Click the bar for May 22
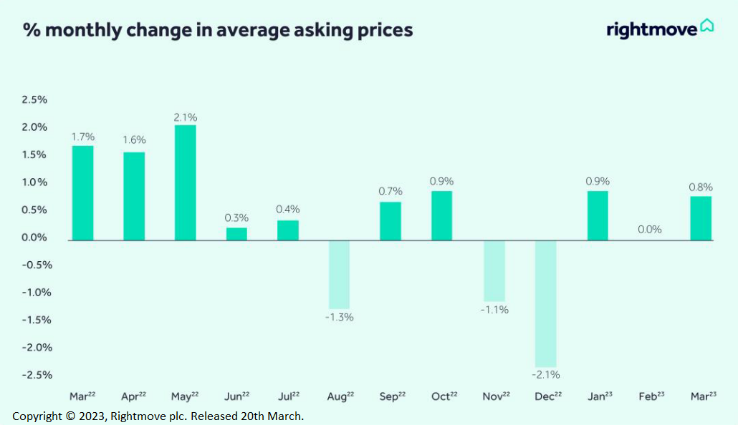pos(185,183)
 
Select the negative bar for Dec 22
pos(546,303)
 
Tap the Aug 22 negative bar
pos(340,275)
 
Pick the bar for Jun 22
pos(236,234)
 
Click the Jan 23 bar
pos(598,216)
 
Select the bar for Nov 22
pos(494,270)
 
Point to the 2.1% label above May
pos(186,117)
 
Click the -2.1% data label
pos(546,375)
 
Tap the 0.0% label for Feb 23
pos(650,230)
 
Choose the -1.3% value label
pos(340,318)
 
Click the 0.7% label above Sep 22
pos(390,191)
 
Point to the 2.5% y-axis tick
pos(34,99)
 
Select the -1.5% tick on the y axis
pos(37,320)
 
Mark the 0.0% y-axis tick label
pos(34,238)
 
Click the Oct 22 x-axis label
pos(444,396)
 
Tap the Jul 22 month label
pos(289,396)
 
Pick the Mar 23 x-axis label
pos(703,396)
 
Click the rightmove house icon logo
pos(707,25)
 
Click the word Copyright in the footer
pos(37,416)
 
